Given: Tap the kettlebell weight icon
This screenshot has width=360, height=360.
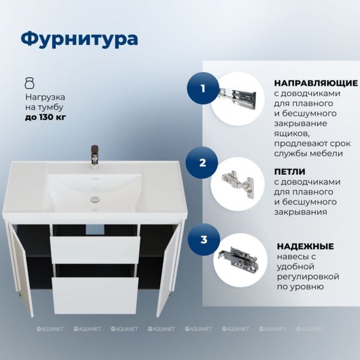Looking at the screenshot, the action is point(29,83).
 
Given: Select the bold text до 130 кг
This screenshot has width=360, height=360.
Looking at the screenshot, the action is point(46,118).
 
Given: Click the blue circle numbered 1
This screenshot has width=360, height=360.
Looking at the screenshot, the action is point(203,88).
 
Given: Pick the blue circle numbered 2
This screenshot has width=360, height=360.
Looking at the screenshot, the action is point(202,163).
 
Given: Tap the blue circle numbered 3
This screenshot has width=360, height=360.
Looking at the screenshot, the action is point(204,239).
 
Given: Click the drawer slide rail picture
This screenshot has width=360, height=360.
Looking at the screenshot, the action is point(238,97).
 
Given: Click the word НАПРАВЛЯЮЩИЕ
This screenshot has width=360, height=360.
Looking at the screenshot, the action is point(316,83).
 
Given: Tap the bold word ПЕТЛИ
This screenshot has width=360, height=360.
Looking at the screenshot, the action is point(290,172).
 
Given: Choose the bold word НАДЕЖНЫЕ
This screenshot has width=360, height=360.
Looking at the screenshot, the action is point(305,247).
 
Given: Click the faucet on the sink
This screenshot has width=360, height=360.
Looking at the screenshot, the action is point(95,157).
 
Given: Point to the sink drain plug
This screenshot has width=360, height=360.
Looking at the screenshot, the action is point(95,199).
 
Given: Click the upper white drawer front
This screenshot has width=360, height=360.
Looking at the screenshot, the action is point(95,250).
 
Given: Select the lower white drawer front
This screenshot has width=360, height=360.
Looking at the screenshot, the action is point(95,295).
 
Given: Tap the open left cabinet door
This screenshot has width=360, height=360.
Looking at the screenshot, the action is point(20,269).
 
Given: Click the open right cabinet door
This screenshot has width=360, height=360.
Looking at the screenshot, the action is point(169,269).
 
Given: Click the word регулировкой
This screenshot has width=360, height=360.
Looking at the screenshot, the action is point(308,277).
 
